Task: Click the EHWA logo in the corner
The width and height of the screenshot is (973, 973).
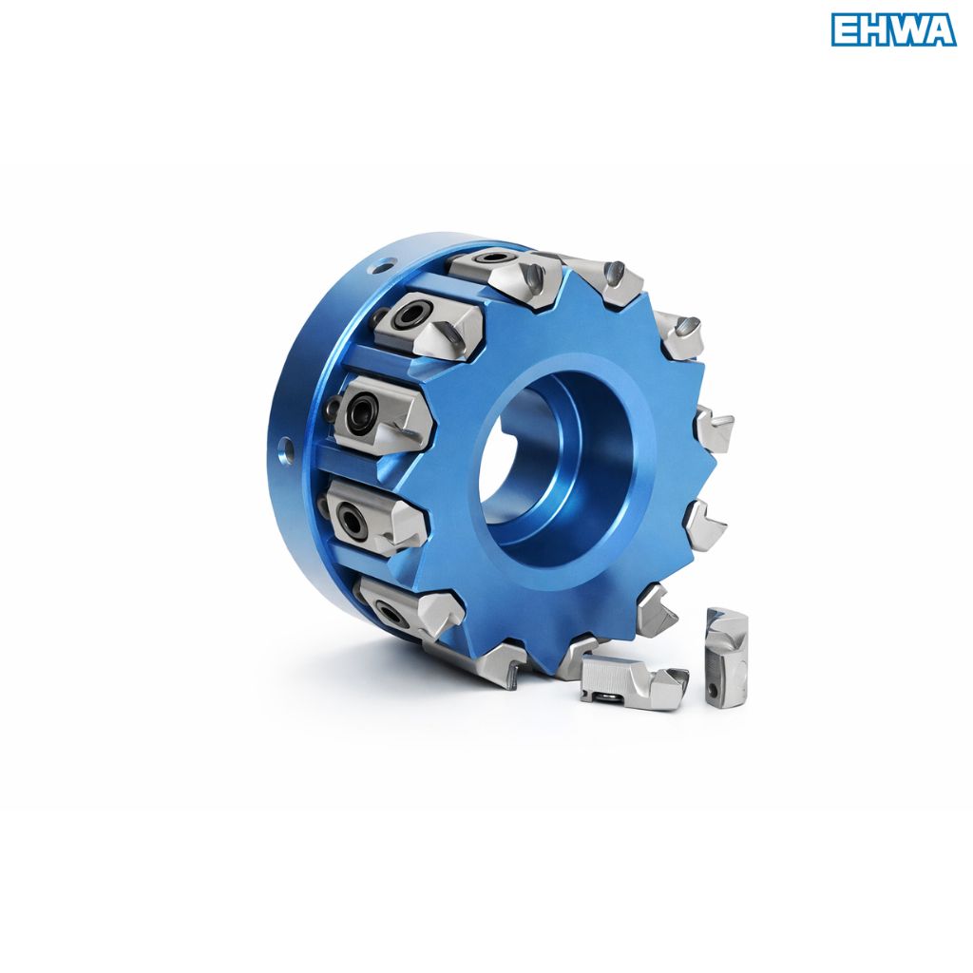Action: click(x=893, y=30)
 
